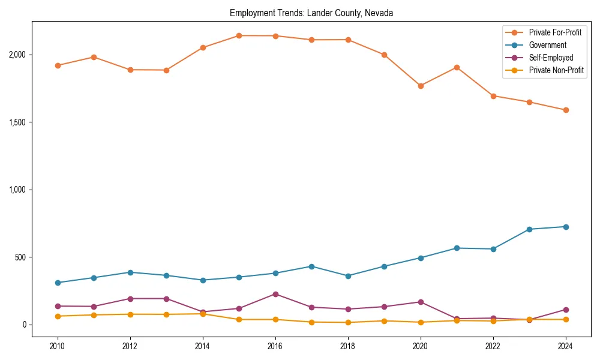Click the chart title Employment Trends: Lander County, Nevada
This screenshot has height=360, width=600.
coord(311,13)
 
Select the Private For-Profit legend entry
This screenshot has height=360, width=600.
coord(555,32)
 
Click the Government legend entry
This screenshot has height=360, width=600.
coord(547,45)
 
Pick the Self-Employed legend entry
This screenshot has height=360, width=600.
coord(551,58)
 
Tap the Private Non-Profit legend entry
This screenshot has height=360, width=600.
coord(556,70)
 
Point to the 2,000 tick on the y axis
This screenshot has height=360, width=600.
coord(18,55)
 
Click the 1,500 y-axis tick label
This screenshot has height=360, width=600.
coord(18,122)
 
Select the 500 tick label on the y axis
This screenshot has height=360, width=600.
coord(22,257)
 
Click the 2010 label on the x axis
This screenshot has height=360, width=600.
coord(58,346)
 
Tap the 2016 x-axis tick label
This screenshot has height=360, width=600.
coord(275,346)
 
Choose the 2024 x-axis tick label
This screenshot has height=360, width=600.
coord(566,346)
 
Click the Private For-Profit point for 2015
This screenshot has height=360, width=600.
coord(239,35)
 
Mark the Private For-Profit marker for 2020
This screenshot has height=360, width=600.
coord(421,86)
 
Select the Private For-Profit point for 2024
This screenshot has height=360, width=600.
coord(566,110)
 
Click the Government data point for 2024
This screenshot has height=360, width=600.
coord(566,227)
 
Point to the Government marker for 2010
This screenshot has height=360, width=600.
coord(58,283)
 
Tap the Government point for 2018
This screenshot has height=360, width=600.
coord(348,276)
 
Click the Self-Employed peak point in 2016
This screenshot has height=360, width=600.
coord(275,294)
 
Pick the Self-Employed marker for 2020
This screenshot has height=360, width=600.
coord(421,302)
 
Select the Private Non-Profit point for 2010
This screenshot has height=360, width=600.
coord(58,316)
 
